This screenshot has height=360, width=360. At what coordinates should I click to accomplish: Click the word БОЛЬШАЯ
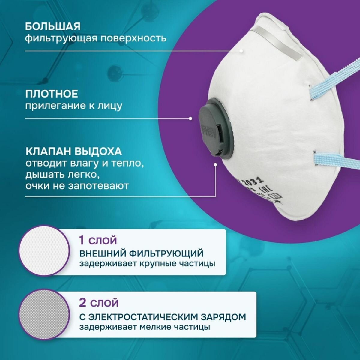pos(52,26)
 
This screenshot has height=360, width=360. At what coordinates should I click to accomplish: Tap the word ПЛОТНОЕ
pos(52,94)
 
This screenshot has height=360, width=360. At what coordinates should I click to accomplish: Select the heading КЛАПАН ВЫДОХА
pos(73,151)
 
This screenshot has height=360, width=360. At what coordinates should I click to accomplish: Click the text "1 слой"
pos(97,240)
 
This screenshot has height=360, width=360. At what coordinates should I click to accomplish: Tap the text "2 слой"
pos(99,303)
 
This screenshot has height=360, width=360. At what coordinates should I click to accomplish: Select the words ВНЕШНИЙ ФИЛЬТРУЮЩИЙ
pos(141,253)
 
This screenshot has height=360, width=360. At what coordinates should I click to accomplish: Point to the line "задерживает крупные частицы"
pos(147,264)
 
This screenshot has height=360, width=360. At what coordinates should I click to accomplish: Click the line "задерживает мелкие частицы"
pos(145,327)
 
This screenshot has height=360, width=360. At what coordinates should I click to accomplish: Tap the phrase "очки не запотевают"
pos(77,186)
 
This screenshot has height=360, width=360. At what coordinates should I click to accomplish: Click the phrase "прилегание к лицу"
pos(74,106)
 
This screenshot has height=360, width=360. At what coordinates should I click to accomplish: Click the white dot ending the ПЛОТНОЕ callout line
pos(190,118)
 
